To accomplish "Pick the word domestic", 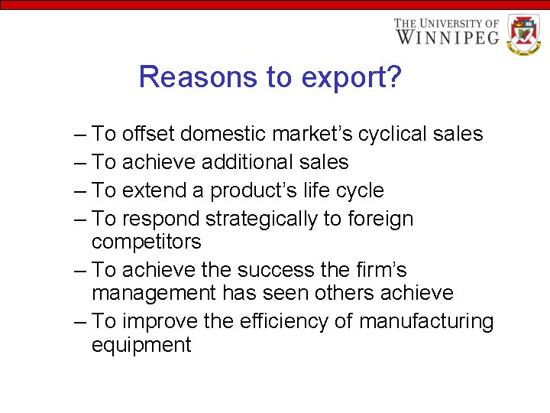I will (233, 135).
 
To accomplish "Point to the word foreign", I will (380, 220).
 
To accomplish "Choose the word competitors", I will (147, 242).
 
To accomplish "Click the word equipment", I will (141, 345).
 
